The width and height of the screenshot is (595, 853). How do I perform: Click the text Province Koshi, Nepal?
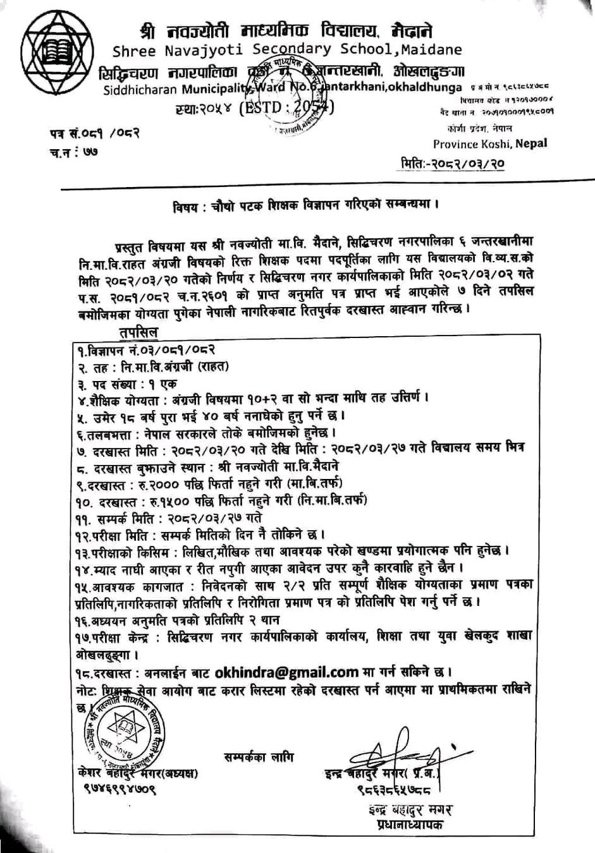point(490,143)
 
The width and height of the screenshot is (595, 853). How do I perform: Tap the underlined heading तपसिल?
point(137,332)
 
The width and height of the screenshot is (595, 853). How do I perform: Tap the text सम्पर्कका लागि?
point(258,757)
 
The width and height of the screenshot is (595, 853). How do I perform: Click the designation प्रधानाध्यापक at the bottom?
point(405,826)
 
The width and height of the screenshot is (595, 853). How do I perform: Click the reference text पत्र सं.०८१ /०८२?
point(95,133)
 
